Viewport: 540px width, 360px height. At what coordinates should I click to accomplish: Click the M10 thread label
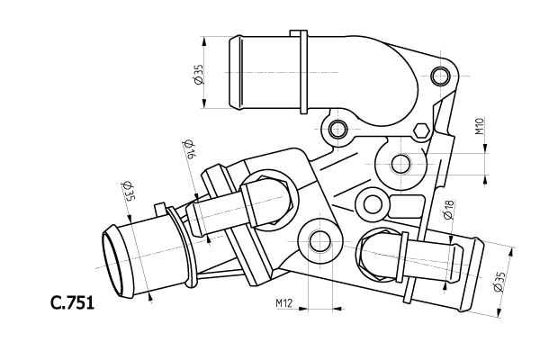tap(480, 125)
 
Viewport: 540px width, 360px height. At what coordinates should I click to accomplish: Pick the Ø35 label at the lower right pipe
tap(499, 283)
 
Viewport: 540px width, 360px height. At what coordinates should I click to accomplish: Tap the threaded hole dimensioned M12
tap(320, 241)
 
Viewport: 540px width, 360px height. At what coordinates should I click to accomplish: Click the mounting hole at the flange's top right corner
tap(440, 75)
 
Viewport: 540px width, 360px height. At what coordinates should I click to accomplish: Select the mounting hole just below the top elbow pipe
tap(337, 129)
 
